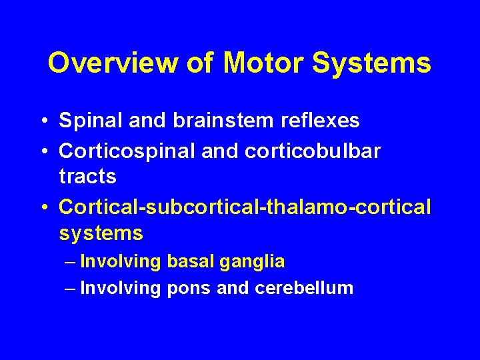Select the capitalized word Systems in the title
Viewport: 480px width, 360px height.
click(x=375, y=63)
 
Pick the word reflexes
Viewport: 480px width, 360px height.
click(x=314, y=121)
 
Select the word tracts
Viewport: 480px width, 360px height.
click(x=87, y=177)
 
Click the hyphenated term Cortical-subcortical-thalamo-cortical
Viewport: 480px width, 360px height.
click(x=245, y=207)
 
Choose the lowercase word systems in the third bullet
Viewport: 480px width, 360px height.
click(x=101, y=234)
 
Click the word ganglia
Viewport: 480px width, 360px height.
click(x=255, y=262)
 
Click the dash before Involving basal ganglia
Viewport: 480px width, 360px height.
click(x=71, y=262)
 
